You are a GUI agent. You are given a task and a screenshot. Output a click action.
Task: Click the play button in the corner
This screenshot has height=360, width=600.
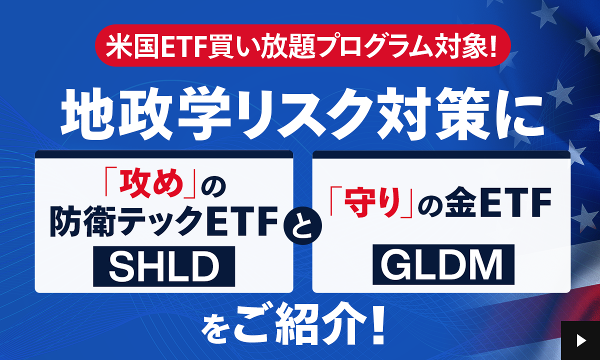(580, 340)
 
